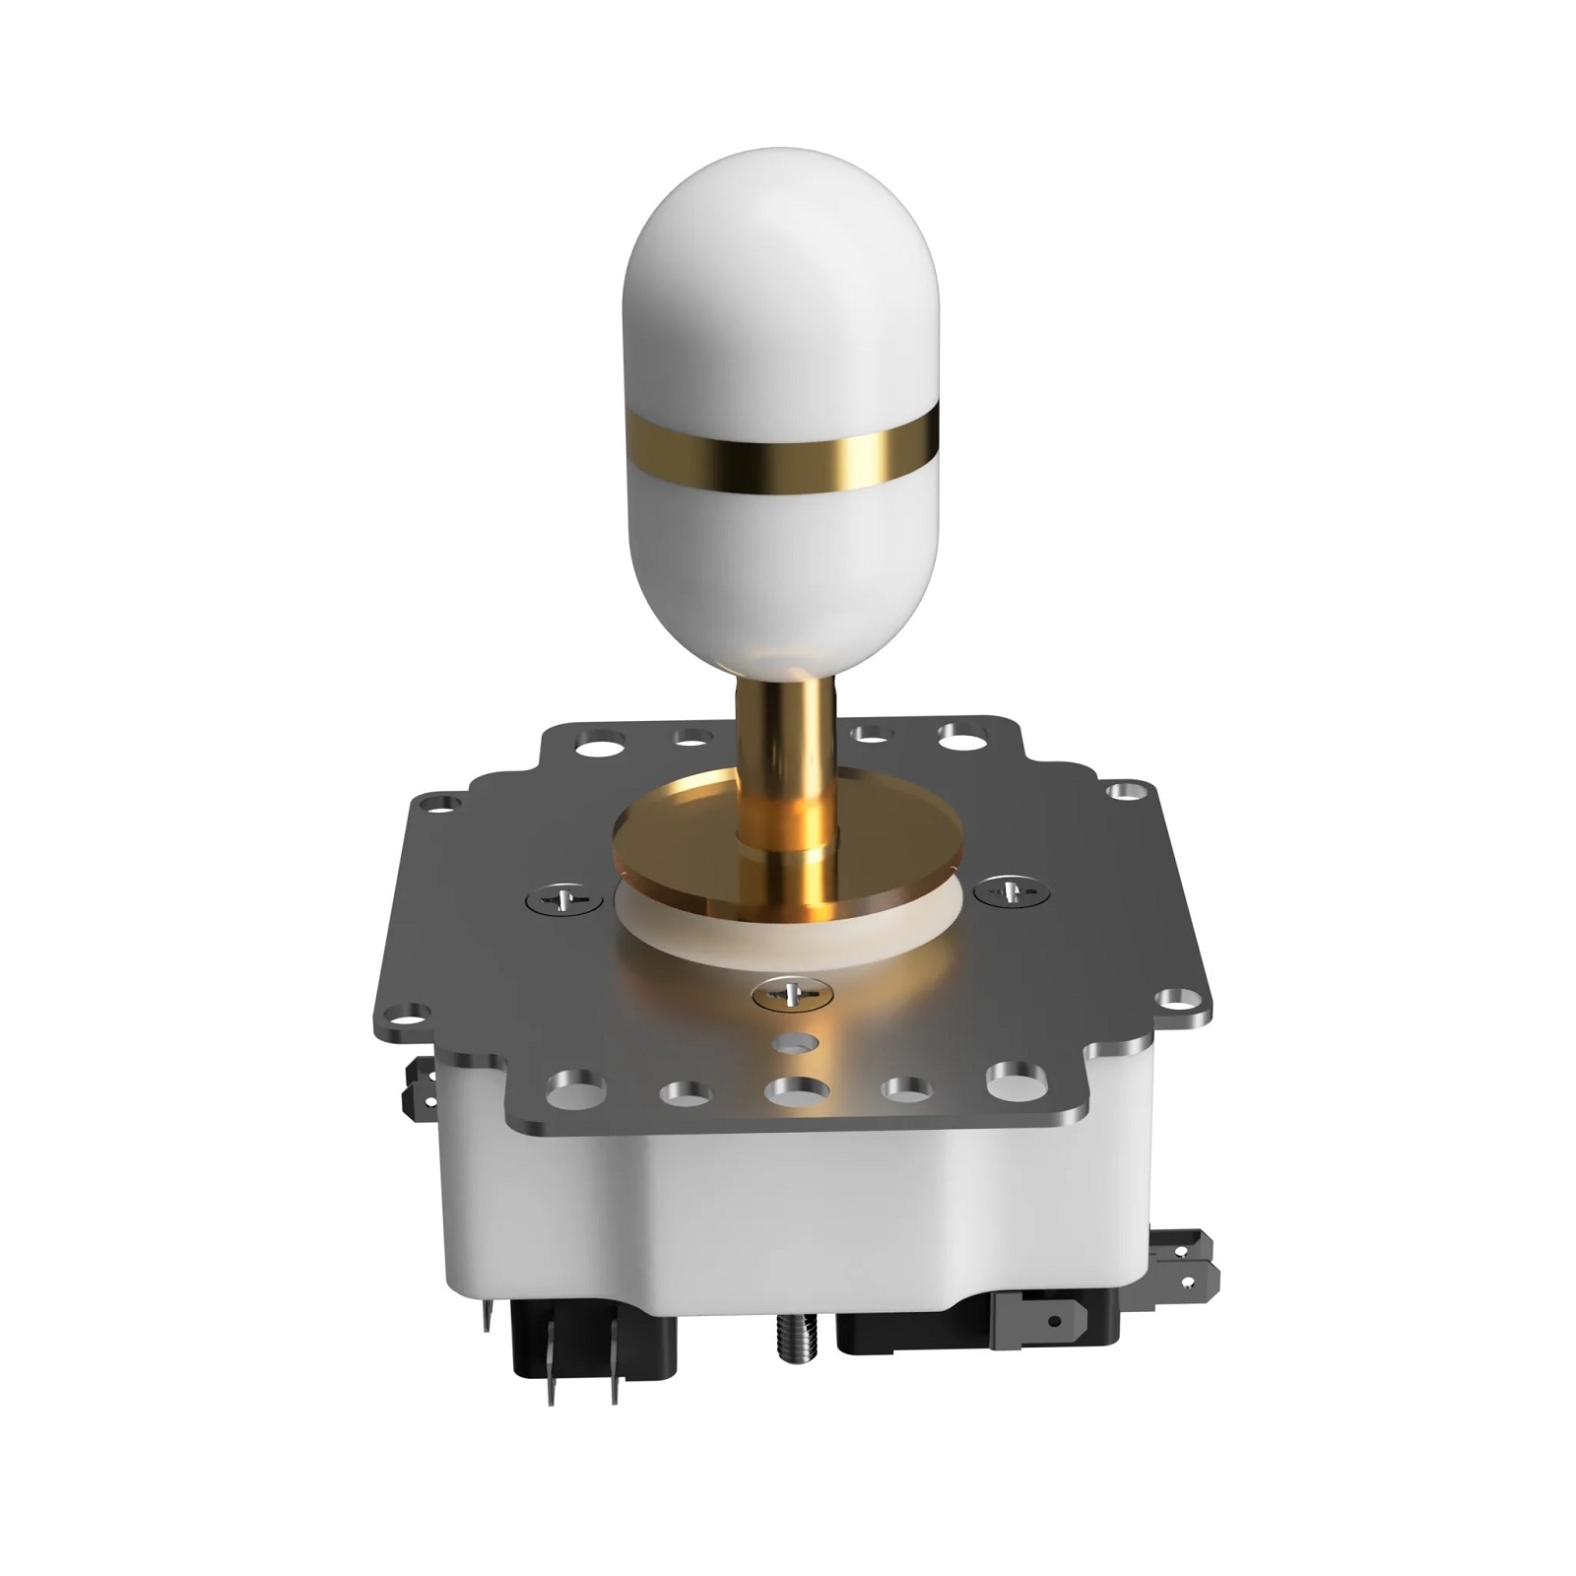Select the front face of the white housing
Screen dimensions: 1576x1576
coord(788,1221)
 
